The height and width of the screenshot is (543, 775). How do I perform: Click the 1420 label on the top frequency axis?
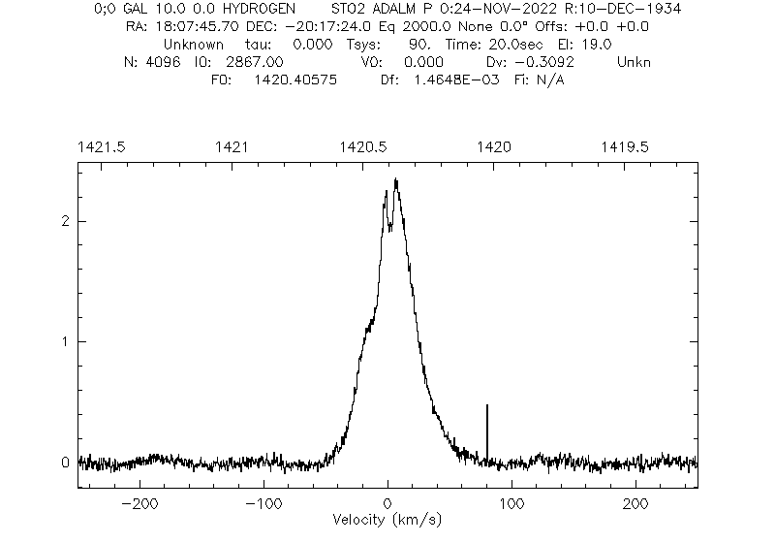(494, 146)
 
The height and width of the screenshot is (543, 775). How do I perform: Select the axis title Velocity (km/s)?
(387, 521)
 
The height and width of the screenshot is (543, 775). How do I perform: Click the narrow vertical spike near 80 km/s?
(486, 427)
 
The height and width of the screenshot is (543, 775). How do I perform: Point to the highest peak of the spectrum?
(395, 179)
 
